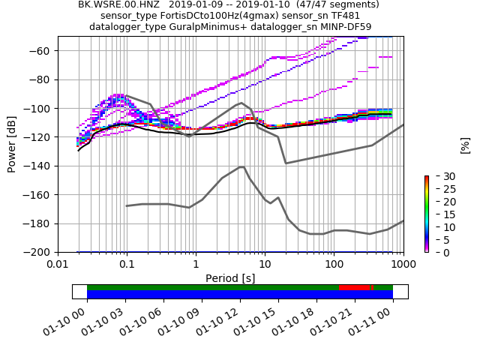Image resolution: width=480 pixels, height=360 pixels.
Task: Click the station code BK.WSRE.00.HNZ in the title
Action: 113,4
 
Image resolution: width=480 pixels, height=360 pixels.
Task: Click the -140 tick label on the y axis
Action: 40,166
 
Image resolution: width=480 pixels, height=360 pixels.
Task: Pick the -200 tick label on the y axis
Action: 40,253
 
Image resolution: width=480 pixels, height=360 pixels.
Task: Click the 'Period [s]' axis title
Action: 230,278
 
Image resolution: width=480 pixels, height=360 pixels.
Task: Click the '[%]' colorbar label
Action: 465,145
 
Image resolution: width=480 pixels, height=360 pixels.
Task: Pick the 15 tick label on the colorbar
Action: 440,214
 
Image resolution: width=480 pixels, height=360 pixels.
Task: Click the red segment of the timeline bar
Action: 355,287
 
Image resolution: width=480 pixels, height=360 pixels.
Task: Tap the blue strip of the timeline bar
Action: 240,295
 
